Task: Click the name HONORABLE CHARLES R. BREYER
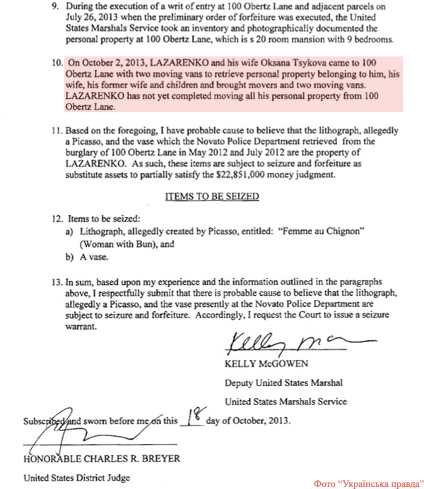click(101, 459)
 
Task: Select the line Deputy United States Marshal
click(283, 383)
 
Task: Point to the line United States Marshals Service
click(285, 402)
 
